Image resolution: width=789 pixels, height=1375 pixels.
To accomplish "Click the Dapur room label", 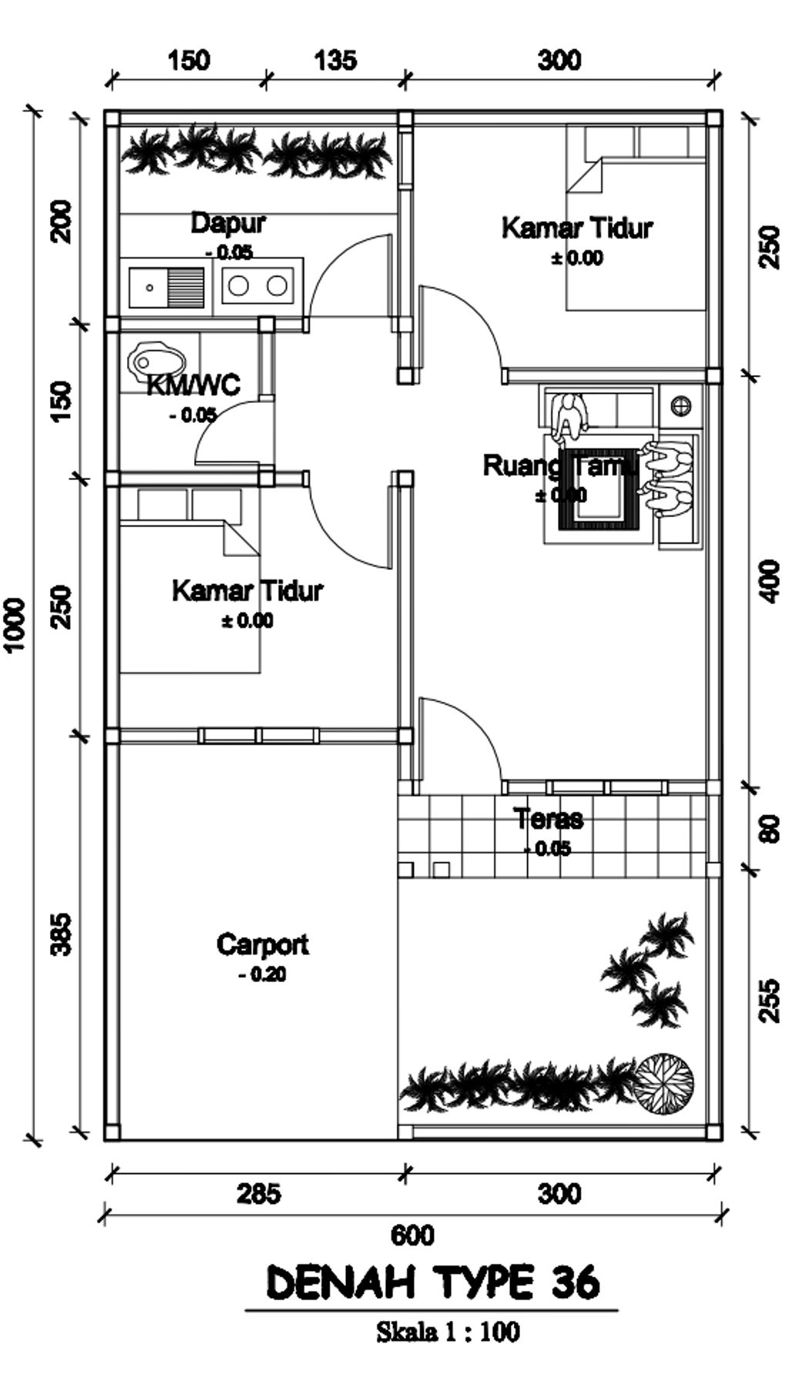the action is click(228, 223).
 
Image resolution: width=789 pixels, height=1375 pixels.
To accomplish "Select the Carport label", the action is click(263, 944).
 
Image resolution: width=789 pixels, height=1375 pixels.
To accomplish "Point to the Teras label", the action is click(549, 818).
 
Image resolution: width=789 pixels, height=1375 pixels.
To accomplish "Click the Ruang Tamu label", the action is click(560, 466).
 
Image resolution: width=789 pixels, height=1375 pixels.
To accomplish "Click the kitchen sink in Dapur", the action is click(167, 287).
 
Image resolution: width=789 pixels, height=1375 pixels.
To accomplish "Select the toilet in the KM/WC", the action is click(158, 360).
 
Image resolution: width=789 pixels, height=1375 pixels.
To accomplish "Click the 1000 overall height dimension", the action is click(16, 624).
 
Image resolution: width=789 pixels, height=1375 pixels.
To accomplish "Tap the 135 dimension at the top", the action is click(335, 60).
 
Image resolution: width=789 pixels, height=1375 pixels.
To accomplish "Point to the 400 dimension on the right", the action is click(770, 582).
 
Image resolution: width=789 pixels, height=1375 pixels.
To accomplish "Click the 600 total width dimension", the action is click(412, 1236).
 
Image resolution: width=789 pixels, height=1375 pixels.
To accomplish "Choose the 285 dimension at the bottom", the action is click(259, 1194).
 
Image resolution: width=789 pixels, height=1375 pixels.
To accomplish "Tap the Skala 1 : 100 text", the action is click(448, 1332).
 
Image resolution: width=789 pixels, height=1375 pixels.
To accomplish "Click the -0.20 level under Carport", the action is click(262, 974).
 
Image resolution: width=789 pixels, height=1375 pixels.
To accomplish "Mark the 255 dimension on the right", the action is click(770, 1000).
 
